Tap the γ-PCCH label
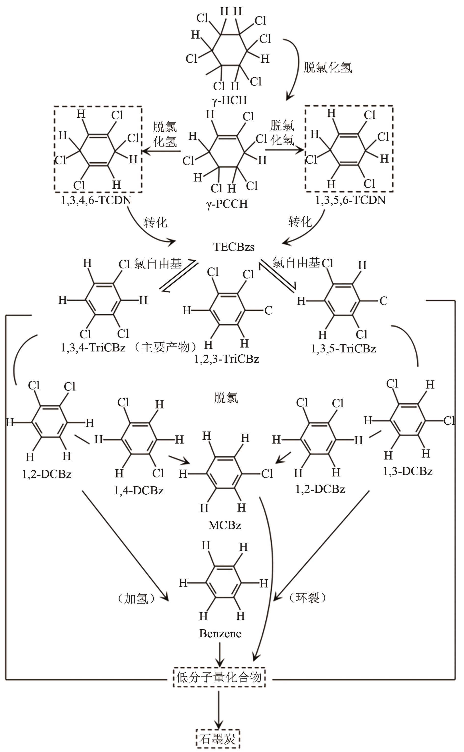[227, 204]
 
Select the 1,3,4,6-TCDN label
[96, 200]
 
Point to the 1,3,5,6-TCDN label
[351, 200]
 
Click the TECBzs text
[234, 247]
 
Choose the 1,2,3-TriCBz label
[227, 359]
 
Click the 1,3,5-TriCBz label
[343, 349]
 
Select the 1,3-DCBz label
[408, 471]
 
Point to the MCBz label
[225, 525]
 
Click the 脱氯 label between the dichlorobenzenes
[226, 398]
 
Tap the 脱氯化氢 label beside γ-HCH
[328, 67]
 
